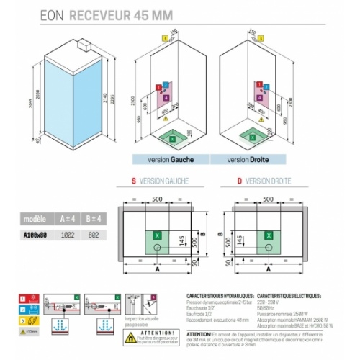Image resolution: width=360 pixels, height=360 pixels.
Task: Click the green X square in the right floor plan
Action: coord(268,235)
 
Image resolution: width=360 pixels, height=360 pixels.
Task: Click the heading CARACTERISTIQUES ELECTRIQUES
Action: coord(289,295)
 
